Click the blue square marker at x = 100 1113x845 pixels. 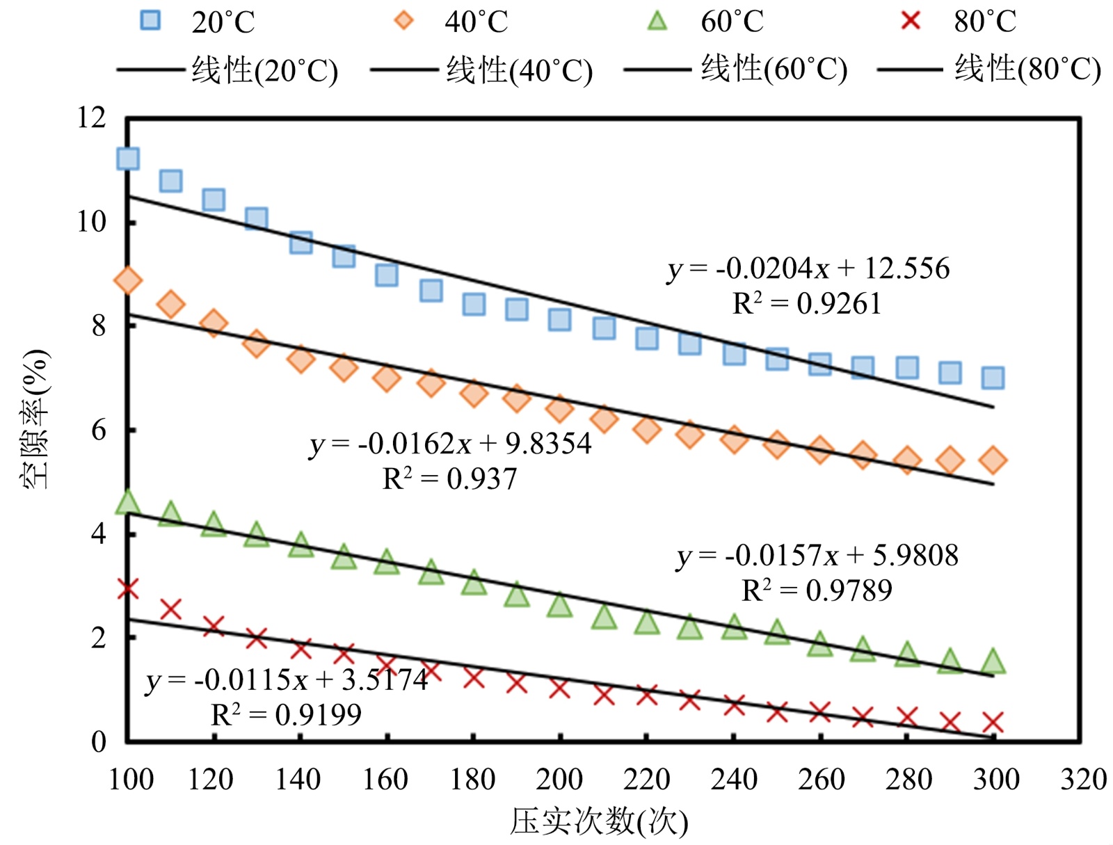(128, 159)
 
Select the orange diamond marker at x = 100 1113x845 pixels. (128, 280)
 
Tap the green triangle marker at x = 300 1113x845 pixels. (993, 661)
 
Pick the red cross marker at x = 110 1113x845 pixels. (171, 609)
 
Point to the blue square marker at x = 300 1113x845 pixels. (993, 378)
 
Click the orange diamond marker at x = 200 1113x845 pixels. (560, 409)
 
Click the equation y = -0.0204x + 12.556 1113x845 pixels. (808, 268)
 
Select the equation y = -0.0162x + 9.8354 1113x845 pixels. (451, 444)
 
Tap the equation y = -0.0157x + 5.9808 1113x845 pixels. (817, 556)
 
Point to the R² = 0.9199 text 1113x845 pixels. (287, 715)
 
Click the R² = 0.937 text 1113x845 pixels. (450, 479)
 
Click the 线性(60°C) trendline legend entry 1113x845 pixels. (736, 70)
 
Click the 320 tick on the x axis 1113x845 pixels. (1083, 779)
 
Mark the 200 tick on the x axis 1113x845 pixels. (559, 779)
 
